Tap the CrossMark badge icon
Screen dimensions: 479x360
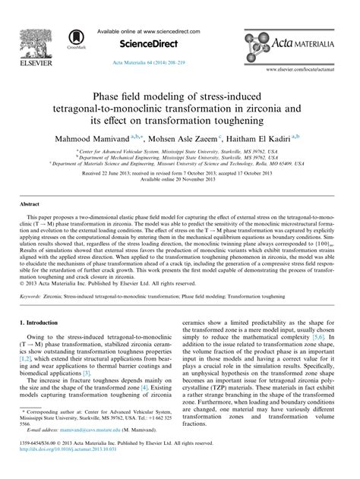(75, 36)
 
